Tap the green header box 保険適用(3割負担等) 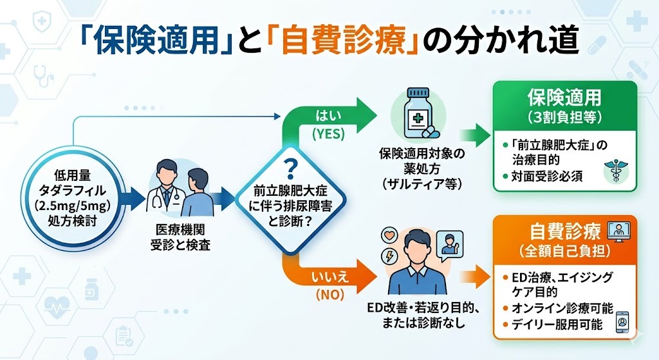coord(564,106)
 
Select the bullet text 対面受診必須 coord(547,176)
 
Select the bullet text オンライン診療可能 coord(557,308)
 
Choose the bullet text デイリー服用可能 coord(557,325)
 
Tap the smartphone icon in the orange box coord(622,322)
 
